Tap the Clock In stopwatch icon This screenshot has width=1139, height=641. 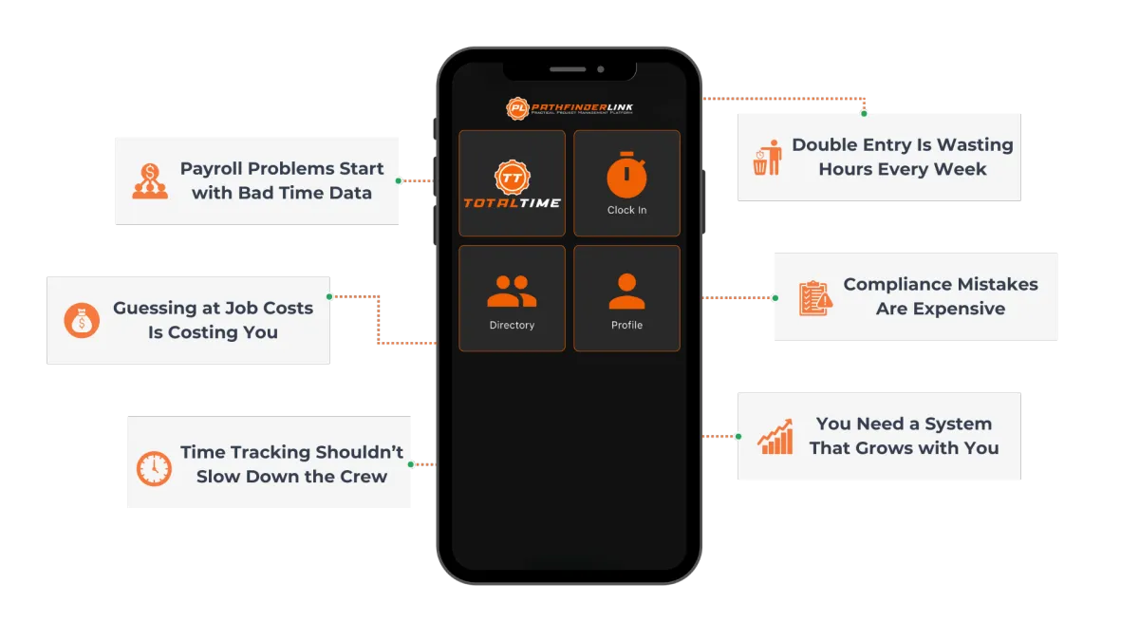[626, 178]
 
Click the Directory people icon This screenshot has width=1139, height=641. [512, 291]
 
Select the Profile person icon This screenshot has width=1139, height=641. [626, 291]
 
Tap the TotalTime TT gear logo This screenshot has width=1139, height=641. [512, 178]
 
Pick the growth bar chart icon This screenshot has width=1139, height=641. [775, 437]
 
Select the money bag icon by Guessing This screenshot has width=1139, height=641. [82, 321]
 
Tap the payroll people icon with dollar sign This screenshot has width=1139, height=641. [150, 181]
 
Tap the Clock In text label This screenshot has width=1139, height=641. [626, 210]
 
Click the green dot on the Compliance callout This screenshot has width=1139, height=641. [775, 298]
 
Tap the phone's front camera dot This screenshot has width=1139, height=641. [601, 69]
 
